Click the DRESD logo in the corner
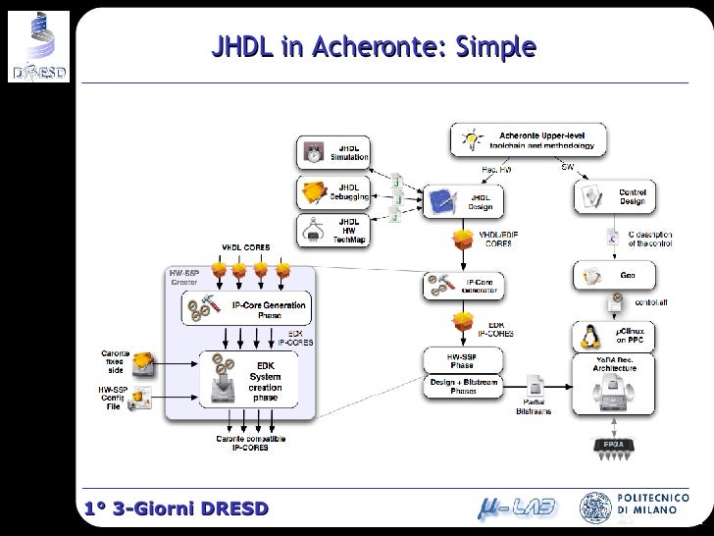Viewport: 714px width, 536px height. [x=37, y=45]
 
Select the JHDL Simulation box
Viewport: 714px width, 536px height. [x=333, y=152]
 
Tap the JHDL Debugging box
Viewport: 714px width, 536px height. [x=333, y=191]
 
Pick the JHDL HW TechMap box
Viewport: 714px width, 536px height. [x=333, y=231]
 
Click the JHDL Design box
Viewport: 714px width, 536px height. [x=464, y=201]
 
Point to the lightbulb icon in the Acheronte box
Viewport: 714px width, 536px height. [x=472, y=140]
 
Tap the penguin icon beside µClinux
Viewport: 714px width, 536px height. [x=591, y=338]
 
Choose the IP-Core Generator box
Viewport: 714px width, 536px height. [x=464, y=287]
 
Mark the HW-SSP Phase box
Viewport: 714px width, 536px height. [x=462, y=359]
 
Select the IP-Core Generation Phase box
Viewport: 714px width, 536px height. [x=247, y=309]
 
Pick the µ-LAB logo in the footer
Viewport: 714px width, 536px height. [x=517, y=508]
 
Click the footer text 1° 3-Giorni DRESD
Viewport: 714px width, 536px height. [x=162, y=509]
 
